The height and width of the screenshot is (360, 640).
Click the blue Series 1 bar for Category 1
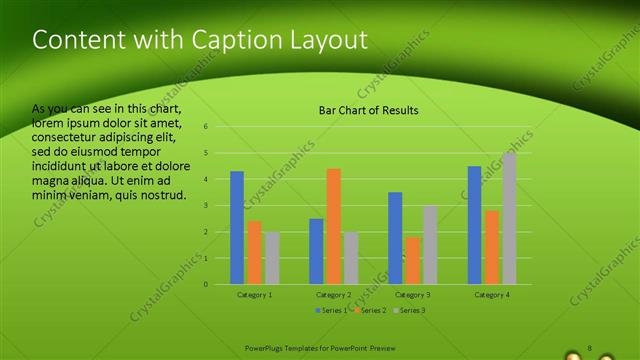click(x=237, y=228)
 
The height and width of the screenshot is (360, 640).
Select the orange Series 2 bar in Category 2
click(x=333, y=226)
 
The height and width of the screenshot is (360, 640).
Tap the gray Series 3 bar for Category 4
click(x=509, y=218)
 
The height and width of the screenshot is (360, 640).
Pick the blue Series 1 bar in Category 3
click(x=395, y=238)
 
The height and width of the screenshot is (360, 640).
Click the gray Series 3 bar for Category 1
click(x=272, y=258)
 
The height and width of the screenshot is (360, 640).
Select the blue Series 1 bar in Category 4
click(x=474, y=225)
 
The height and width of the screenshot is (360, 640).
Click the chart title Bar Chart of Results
click(x=368, y=110)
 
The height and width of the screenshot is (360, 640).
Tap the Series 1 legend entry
click(x=331, y=311)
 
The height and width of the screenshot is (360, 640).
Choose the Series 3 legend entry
click(x=411, y=311)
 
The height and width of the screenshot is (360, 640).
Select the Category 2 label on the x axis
click(x=333, y=295)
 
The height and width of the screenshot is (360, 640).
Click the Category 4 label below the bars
click(x=491, y=295)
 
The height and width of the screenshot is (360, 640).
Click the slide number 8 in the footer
click(x=589, y=348)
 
